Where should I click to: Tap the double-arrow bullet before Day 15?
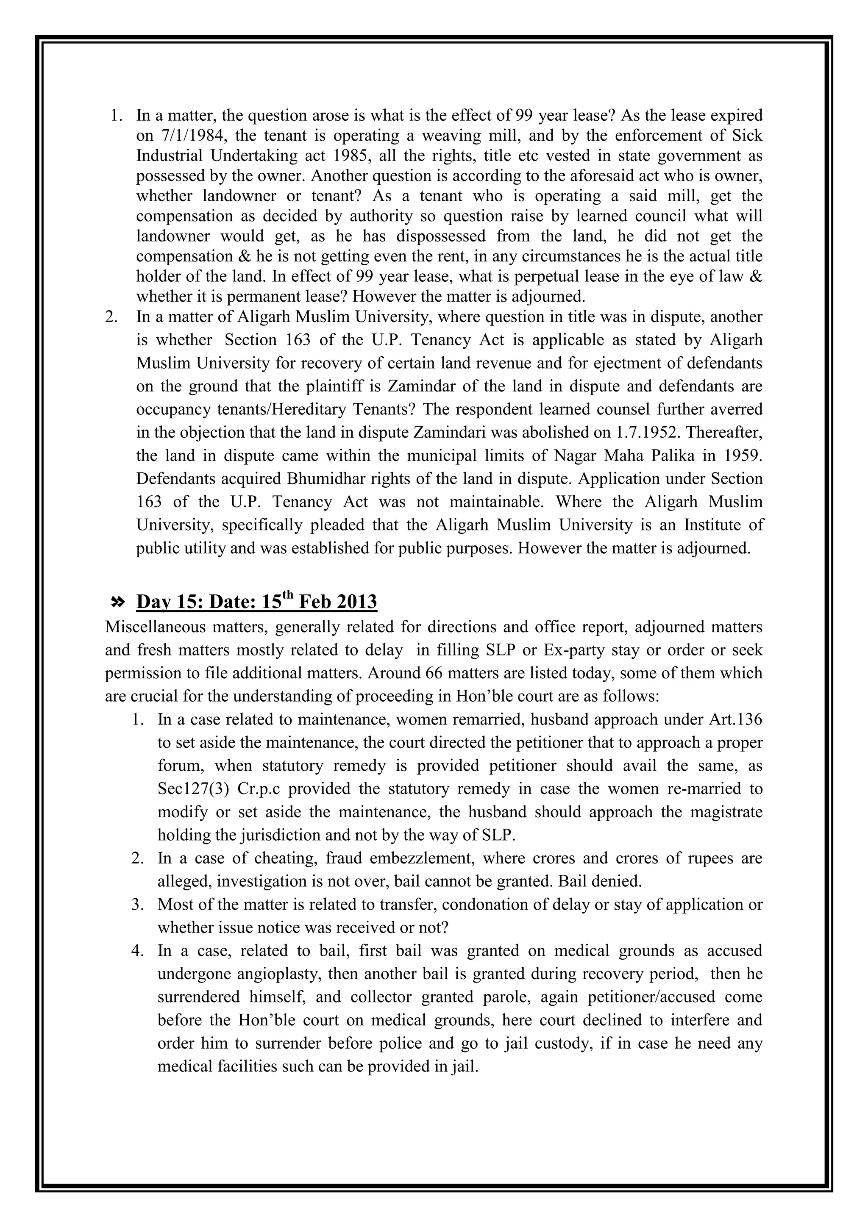click(x=117, y=602)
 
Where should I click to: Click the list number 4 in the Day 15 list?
click(x=137, y=951)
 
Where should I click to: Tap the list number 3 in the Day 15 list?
click(x=137, y=904)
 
